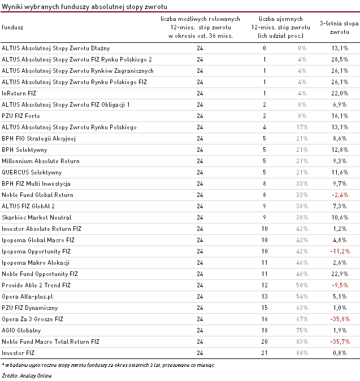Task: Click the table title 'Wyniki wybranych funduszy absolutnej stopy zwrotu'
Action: (x=84, y=7)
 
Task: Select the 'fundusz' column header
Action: (x=12, y=27)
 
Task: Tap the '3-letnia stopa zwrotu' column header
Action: (x=339, y=28)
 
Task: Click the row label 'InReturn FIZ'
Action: (x=19, y=93)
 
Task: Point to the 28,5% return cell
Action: (x=340, y=59)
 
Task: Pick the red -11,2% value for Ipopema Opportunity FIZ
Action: (x=340, y=252)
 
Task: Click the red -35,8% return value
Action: (x=340, y=319)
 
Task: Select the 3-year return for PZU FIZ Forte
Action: (x=340, y=116)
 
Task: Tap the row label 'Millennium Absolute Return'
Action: (x=41, y=161)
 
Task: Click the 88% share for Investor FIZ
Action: (x=302, y=353)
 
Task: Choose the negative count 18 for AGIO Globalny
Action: (x=264, y=330)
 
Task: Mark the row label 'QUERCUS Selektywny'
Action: (x=32, y=172)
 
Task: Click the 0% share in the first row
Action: (x=302, y=48)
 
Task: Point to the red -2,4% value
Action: (x=340, y=195)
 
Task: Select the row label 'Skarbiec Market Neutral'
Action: (x=37, y=217)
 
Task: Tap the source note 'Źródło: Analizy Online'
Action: (x=27, y=376)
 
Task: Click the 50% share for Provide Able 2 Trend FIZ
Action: (x=302, y=285)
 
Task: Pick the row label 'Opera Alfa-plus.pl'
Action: (x=27, y=297)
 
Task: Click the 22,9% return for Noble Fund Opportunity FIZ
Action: (x=340, y=274)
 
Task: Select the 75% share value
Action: (x=302, y=330)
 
